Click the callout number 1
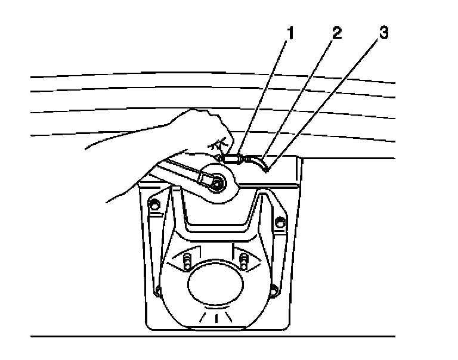290,33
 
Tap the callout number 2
338,33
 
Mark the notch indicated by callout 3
267,169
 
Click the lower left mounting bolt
158,291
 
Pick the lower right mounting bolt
273,291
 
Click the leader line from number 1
262,95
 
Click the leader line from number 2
298,95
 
